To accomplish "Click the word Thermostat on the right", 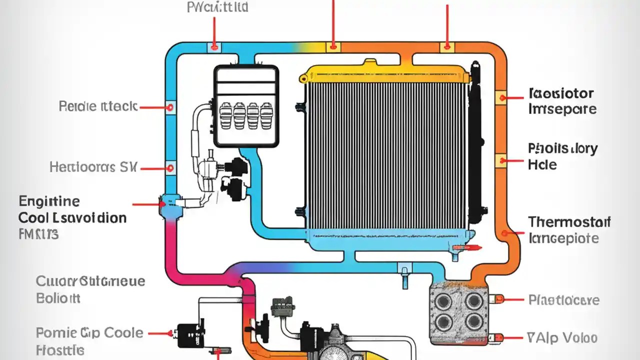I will [569, 222].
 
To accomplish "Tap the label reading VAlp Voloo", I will [562, 337].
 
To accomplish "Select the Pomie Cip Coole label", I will [89, 332].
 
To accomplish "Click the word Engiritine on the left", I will [49, 202].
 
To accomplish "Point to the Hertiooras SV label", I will [93, 167].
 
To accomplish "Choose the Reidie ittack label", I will [97, 106].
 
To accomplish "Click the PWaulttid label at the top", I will [217, 7].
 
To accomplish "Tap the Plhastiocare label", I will [563, 300].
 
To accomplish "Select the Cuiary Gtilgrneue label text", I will [90, 281].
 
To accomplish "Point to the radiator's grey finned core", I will [385, 155].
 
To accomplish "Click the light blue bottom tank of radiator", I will [385, 240].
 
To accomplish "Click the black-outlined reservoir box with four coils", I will [245, 106].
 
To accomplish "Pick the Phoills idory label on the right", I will [562, 148].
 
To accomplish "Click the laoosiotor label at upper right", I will [560, 93].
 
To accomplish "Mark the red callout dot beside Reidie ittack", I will [170, 107].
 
